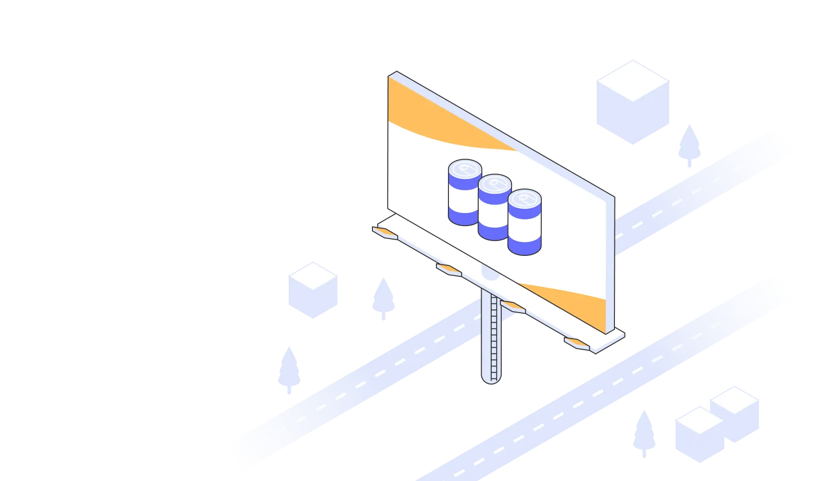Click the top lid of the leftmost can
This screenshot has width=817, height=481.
click(465, 169)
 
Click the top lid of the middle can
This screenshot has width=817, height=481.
click(495, 183)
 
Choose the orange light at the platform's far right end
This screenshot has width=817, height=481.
click(577, 343)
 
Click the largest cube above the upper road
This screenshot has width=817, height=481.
click(633, 101)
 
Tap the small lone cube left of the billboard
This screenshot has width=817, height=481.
click(313, 290)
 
